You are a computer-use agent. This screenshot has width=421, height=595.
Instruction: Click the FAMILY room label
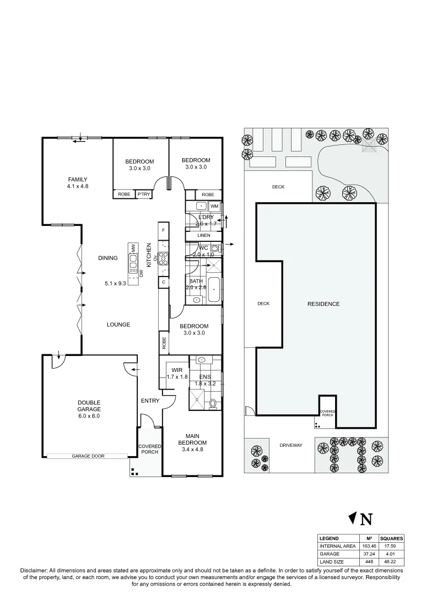[78, 179]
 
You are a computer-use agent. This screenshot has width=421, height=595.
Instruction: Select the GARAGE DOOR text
[88, 456]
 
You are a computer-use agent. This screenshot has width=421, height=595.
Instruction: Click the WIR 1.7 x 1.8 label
[177, 373]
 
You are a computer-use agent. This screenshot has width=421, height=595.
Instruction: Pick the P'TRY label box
[144, 194]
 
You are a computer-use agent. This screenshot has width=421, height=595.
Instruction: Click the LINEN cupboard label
[204, 235]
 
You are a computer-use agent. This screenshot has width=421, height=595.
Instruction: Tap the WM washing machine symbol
[214, 206]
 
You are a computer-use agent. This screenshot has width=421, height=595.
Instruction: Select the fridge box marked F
[163, 230]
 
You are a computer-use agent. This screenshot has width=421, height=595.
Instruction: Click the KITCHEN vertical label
[149, 255]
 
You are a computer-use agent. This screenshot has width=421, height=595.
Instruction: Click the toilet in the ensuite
[213, 403]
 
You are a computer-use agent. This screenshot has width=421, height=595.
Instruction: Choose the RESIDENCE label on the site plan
[323, 304]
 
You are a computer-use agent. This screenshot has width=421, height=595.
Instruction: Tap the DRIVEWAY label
[291, 445]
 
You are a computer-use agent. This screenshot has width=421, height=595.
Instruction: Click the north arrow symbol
[353, 518]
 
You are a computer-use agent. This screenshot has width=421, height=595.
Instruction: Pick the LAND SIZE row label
[332, 562]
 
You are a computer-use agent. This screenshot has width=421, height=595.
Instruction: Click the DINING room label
[108, 258]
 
